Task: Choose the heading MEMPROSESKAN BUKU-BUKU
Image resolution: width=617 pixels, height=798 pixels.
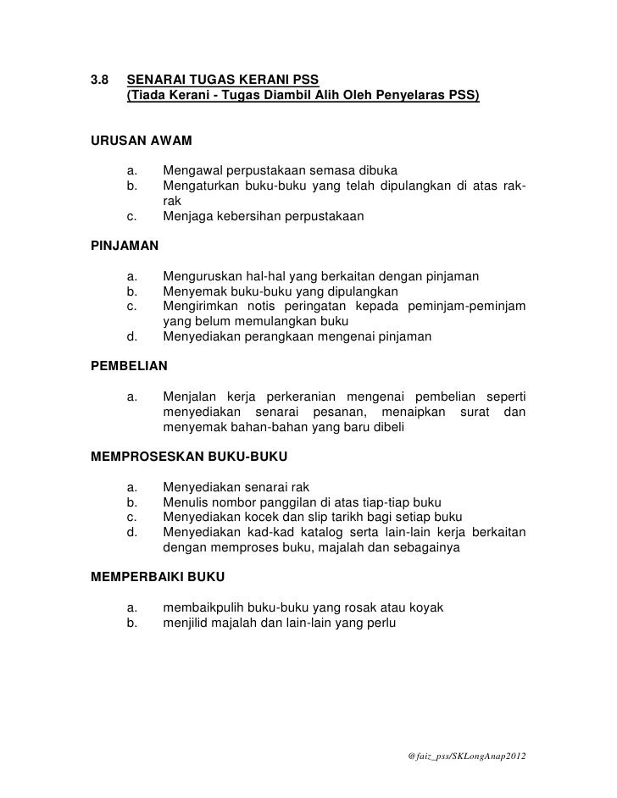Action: click(x=188, y=457)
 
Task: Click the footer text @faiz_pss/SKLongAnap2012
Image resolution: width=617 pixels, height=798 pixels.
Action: click(x=466, y=755)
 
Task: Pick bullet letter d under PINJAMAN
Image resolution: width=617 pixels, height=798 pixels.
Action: click(x=131, y=336)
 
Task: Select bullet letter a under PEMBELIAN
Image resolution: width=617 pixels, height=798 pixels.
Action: click(x=131, y=397)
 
